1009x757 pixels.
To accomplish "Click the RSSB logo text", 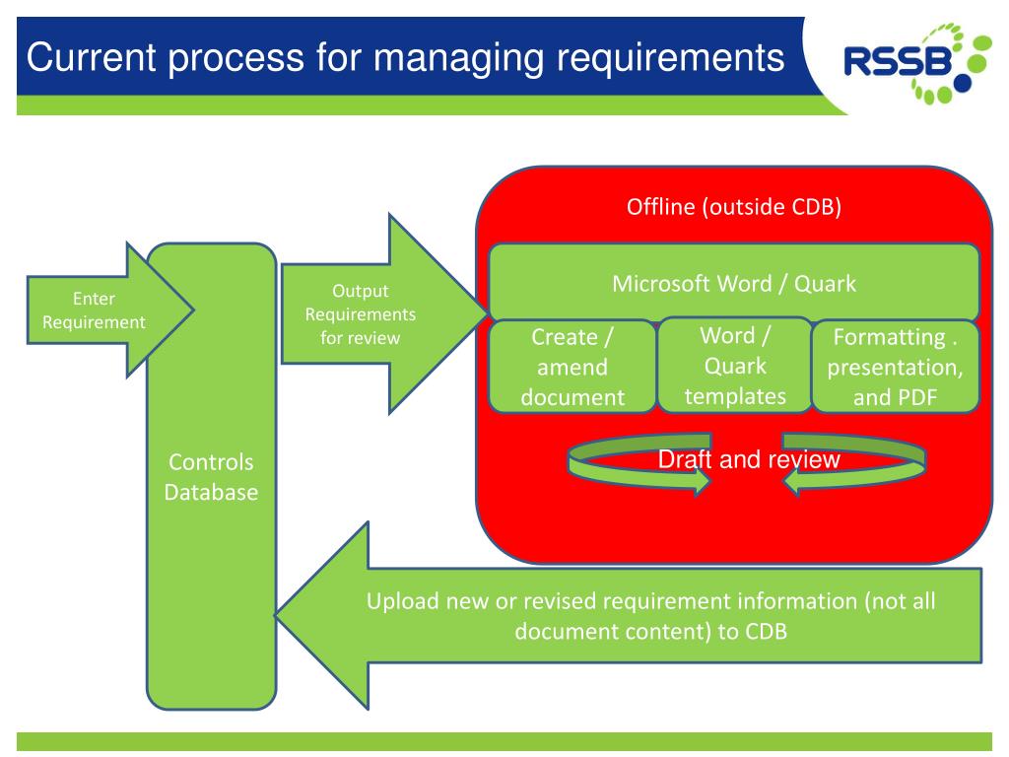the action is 898,61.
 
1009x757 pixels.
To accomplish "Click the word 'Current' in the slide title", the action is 91,56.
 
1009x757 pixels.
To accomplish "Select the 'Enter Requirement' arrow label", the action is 94,310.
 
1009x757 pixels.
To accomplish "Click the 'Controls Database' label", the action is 211,477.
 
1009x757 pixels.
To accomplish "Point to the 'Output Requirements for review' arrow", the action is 383,313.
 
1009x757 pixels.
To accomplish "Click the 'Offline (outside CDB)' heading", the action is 734,207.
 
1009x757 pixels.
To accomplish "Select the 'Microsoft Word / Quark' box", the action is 734,282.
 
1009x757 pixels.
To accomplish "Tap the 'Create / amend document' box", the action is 572,367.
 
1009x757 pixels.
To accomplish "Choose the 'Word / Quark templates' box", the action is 735,365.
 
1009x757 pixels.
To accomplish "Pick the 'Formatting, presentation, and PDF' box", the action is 895,367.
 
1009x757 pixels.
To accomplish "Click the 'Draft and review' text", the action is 749,459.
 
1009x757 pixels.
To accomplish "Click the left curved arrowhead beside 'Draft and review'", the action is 702,480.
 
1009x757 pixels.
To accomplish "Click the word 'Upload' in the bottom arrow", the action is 402,601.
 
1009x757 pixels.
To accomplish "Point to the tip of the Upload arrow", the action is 276,615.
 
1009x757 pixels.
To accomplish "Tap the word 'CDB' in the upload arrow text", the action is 766,632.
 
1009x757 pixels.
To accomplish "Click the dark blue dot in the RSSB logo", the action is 963,83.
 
